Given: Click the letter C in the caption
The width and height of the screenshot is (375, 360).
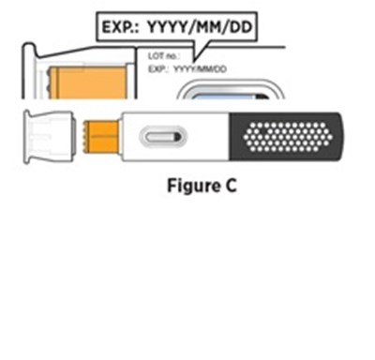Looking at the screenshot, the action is tap(231, 187).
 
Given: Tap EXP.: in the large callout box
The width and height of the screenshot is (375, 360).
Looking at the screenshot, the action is tap(121, 27).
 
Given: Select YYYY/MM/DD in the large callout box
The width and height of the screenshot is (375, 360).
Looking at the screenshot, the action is tap(200, 27).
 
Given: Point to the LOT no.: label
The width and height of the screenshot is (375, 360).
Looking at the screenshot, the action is tap(163, 56).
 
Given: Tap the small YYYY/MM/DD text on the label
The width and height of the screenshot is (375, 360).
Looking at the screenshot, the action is tap(200, 69).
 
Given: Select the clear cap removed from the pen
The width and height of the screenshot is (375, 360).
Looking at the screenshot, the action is tap(50, 137).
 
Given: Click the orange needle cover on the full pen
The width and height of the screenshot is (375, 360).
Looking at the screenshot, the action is tap(100, 137).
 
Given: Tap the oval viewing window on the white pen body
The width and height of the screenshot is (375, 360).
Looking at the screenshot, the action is tap(163, 137).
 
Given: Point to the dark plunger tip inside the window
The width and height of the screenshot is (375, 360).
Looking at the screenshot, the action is tap(177, 137).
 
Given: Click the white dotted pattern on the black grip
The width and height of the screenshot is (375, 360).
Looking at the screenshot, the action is tap(288, 137).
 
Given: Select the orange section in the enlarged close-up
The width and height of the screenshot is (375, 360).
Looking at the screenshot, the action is tap(89, 82).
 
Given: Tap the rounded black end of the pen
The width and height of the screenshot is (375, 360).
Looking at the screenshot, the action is tap(339, 137).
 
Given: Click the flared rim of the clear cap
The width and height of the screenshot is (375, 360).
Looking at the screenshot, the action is tap(27, 137).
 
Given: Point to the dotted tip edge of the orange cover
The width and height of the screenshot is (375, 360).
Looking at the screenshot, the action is tap(85, 137).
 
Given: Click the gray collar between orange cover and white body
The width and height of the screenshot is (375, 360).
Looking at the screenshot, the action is tap(120, 137).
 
